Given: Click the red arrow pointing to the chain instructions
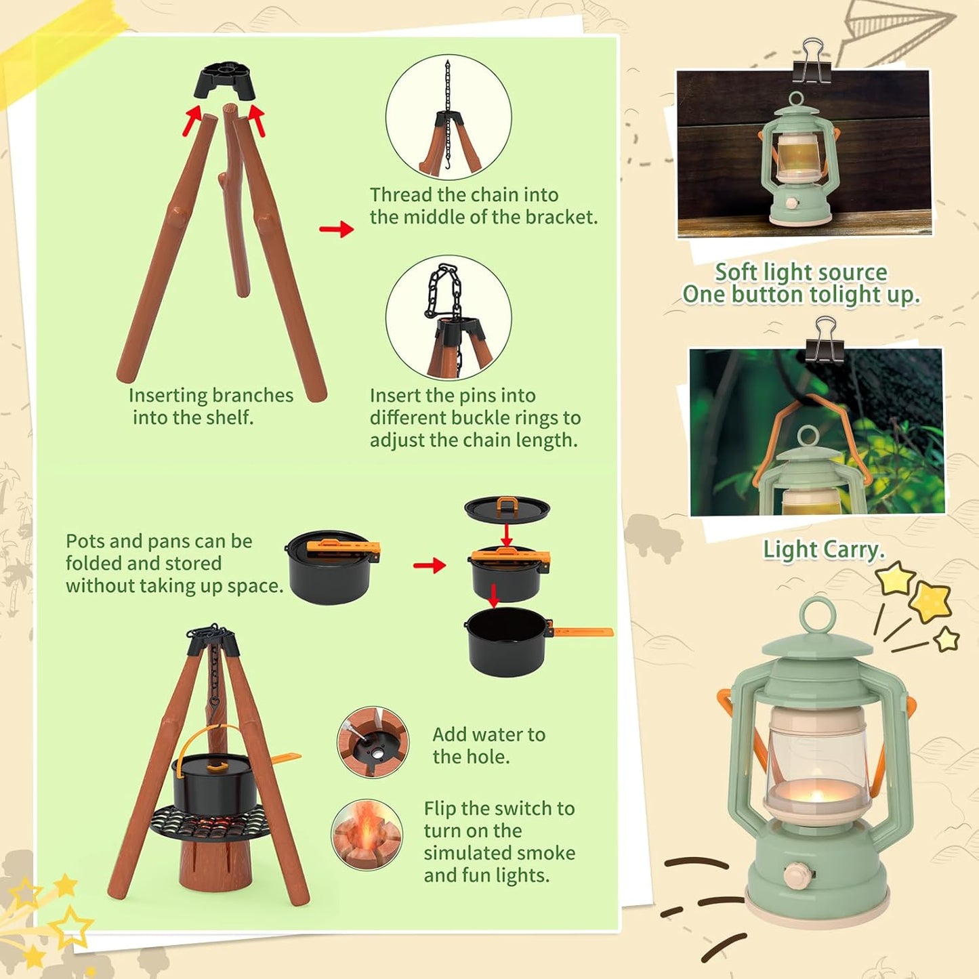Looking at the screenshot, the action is coord(336,228).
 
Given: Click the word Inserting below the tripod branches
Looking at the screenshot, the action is coord(167,395).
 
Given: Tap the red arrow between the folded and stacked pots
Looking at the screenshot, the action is coord(430,564).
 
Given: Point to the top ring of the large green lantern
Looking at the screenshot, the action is coord(818,616).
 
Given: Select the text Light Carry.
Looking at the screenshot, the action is coord(824,549).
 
